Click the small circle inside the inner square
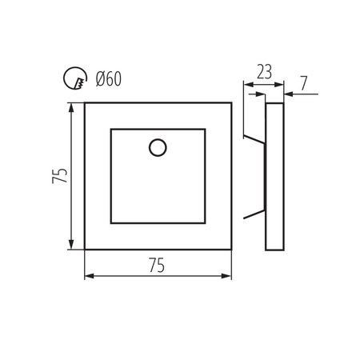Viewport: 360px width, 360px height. point(158,147)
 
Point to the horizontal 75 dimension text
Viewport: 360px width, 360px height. point(157,266)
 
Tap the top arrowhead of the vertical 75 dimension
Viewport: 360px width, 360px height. point(72,106)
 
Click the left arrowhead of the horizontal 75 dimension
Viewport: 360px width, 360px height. point(88,277)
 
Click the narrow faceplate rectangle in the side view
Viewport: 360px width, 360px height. point(274,176)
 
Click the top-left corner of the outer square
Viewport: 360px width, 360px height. point(85,103)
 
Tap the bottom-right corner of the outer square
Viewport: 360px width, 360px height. point(231,249)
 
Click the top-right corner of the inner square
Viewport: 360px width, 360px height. point(205,129)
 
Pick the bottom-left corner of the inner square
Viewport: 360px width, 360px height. point(111,222)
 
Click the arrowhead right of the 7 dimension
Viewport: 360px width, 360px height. point(287,94)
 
